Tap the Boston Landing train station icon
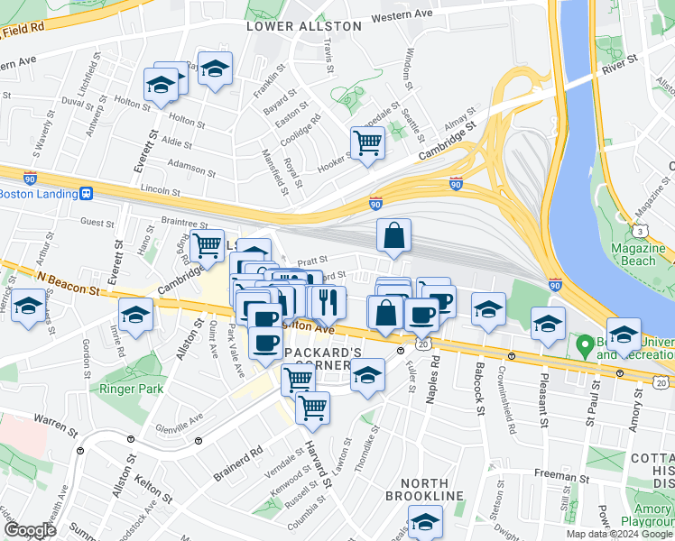coord(87,194)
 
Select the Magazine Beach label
coord(637,254)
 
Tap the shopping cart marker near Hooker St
coord(367,142)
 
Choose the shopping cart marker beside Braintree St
coord(208,243)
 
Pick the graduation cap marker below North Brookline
coord(425,521)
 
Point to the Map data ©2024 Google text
coord(619,534)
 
